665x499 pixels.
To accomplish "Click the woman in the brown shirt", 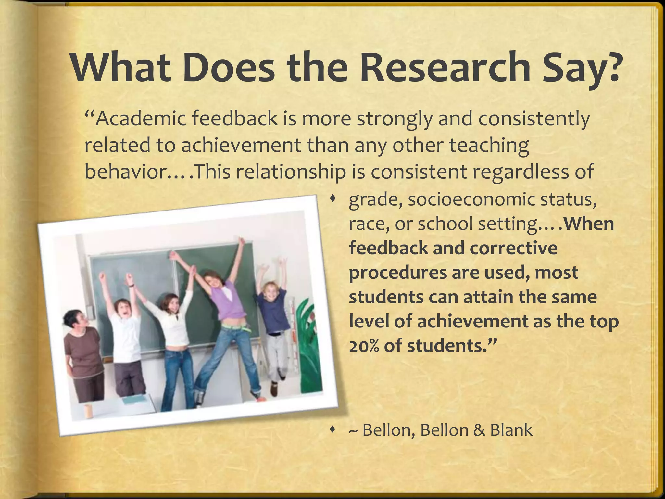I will point(81,351).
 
